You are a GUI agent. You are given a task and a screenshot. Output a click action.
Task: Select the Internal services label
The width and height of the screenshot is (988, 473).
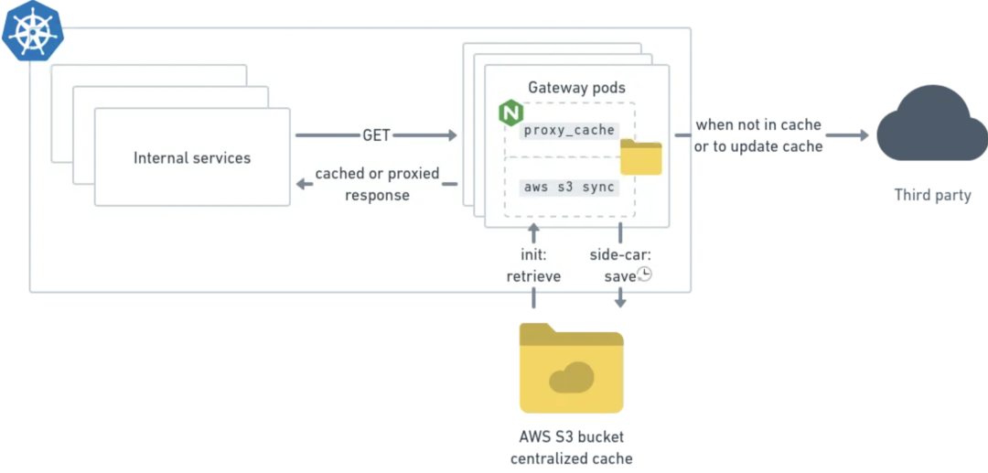coord(192,157)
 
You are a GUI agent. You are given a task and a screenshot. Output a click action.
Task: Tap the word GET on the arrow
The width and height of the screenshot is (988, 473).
coord(376,135)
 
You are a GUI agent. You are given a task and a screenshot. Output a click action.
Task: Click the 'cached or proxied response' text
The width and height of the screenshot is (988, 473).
coord(377,184)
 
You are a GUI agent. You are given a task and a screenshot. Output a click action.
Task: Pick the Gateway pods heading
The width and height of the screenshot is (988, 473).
coord(577,88)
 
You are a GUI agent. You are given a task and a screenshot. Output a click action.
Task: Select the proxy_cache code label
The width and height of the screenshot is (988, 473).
coord(569,130)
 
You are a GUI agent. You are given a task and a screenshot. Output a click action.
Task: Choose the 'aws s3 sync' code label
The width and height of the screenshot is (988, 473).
coord(569,187)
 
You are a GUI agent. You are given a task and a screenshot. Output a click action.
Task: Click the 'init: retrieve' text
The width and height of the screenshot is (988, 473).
coord(533,264)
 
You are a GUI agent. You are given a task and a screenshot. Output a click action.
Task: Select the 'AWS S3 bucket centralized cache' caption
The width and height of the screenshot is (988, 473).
coord(572,447)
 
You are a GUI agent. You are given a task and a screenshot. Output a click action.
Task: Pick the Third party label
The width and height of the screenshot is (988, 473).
coord(932,195)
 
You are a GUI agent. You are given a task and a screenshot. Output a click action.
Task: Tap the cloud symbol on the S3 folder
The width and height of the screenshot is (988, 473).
coord(572,377)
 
